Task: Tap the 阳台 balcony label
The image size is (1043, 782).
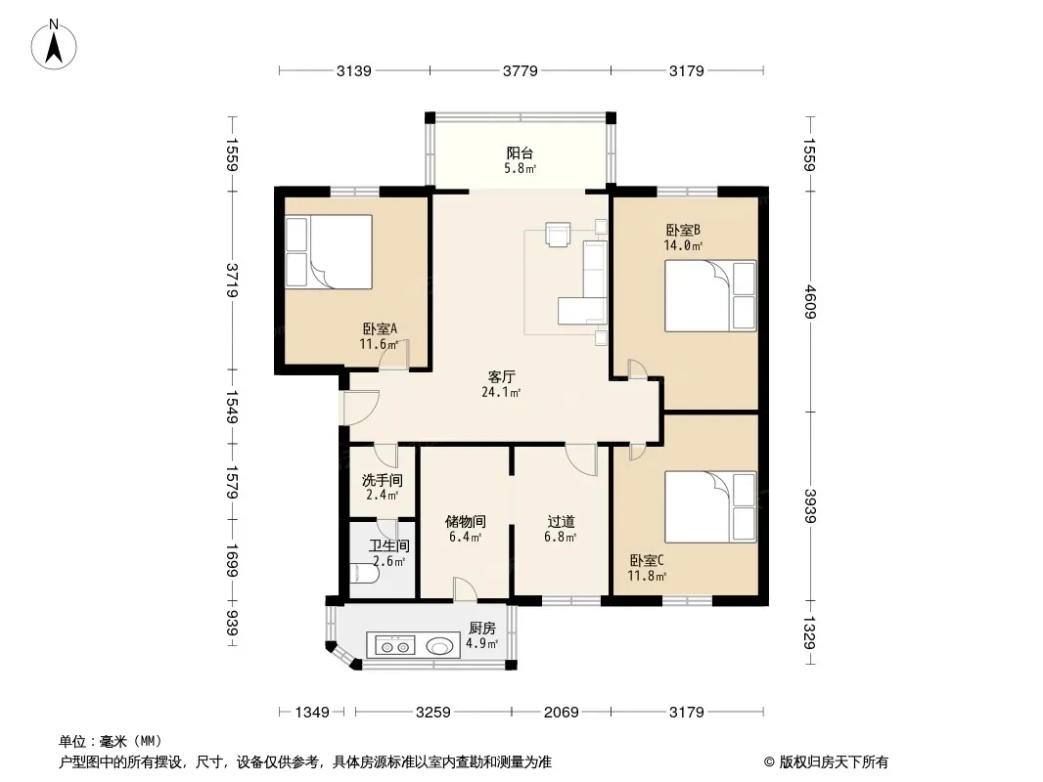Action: pyautogui.click(x=520, y=160)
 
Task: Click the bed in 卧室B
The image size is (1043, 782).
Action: pyautogui.click(x=711, y=296)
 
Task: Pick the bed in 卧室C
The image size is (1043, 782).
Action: pyautogui.click(x=711, y=506)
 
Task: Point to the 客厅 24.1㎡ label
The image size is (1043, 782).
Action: pyautogui.click(x=501, y=384)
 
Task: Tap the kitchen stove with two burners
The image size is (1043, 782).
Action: pyautogui.click(x=394, y=646)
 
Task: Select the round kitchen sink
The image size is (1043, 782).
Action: pyautogui.click(x=440, y=646)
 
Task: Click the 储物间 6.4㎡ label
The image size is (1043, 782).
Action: pyautogui.click(x=466, y=529)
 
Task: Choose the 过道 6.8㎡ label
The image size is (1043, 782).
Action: pyautogui.click(x=560, y=529)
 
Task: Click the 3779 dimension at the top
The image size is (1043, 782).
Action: pyautogui.click(x=520, y=70)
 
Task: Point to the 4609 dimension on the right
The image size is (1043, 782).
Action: pyautogui.click(x=811, y=296)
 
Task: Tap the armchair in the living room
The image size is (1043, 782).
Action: pyautogui.click(x=558, y=235)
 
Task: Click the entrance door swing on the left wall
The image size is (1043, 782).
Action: pyautogui.click(x=361, y=406)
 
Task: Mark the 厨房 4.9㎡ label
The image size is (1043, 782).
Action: pyautogui.click(x=481, y=636)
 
